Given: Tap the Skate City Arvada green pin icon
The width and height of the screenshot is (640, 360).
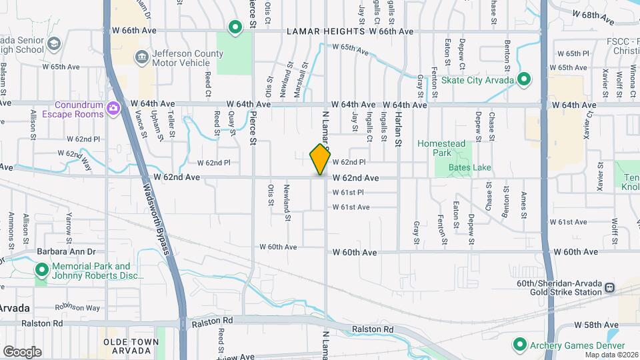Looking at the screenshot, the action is (524, 79).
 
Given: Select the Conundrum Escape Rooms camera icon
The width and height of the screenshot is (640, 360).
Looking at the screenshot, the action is (113, 107).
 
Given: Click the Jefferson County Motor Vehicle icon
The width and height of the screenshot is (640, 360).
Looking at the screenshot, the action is (141, 56).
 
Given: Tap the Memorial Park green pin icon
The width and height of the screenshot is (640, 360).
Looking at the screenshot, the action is (42, 270).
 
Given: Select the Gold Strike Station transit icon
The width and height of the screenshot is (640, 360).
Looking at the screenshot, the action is (609, 287).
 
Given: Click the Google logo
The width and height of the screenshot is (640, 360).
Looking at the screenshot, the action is (22, 351).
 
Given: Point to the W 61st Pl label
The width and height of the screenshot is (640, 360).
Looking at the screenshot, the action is (349, 193).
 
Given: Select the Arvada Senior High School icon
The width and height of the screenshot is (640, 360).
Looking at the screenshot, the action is (53, 42).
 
